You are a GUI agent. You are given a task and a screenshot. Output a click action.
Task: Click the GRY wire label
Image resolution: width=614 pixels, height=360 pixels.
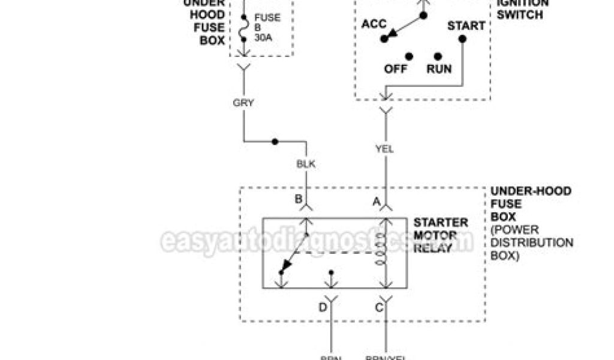click(243, 103)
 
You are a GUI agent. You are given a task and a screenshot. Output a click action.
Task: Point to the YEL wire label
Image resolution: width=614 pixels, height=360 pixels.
click(384, 149)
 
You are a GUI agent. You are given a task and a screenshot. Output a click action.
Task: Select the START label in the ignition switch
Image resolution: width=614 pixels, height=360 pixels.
click(466, 26)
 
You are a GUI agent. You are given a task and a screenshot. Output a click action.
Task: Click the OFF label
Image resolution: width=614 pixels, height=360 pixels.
click(396, 68)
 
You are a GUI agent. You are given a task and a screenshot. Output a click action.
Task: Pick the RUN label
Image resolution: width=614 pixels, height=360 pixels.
click(439, 68)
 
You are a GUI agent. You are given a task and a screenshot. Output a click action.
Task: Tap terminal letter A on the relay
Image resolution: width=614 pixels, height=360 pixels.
click(377, 202)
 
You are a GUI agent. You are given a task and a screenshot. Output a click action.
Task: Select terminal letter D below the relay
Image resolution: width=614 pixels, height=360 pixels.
click(323, 308)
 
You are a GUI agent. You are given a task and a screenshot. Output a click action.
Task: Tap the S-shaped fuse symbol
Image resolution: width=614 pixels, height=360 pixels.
click(244, 28)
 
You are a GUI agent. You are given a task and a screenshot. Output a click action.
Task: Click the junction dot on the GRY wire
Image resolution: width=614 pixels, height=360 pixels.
click(275, 142)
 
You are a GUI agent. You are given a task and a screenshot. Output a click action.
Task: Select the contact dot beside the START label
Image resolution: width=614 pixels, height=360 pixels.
click(462, 39)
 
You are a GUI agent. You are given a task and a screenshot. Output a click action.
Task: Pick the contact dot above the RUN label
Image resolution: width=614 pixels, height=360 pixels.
click(438, 55)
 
